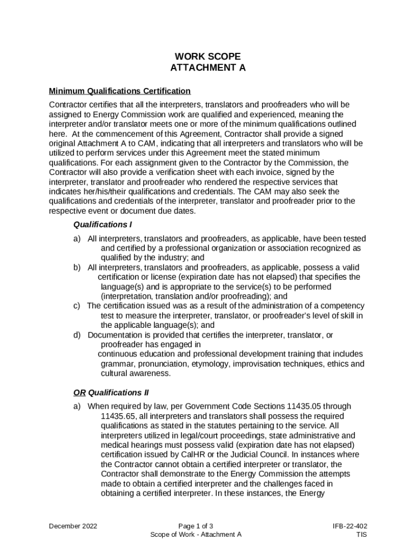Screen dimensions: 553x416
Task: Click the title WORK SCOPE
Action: point(208,56)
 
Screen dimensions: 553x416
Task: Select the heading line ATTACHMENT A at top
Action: point(208,68)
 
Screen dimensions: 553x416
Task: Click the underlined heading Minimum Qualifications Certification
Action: point(119,91)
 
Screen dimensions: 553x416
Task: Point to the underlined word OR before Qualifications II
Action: point(79,393)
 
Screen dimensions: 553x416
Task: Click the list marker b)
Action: point(77,267)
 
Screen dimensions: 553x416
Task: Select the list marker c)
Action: point(77,306)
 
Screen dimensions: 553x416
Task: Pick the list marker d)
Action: point(77,335)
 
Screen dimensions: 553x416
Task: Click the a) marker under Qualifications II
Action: point(77,406)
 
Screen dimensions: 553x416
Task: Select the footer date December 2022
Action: point(73,525)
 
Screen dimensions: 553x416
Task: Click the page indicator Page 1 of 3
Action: point(196,525)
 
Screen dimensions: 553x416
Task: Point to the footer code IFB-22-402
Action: point(350,525)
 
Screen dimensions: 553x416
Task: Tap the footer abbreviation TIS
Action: point(361,535)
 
